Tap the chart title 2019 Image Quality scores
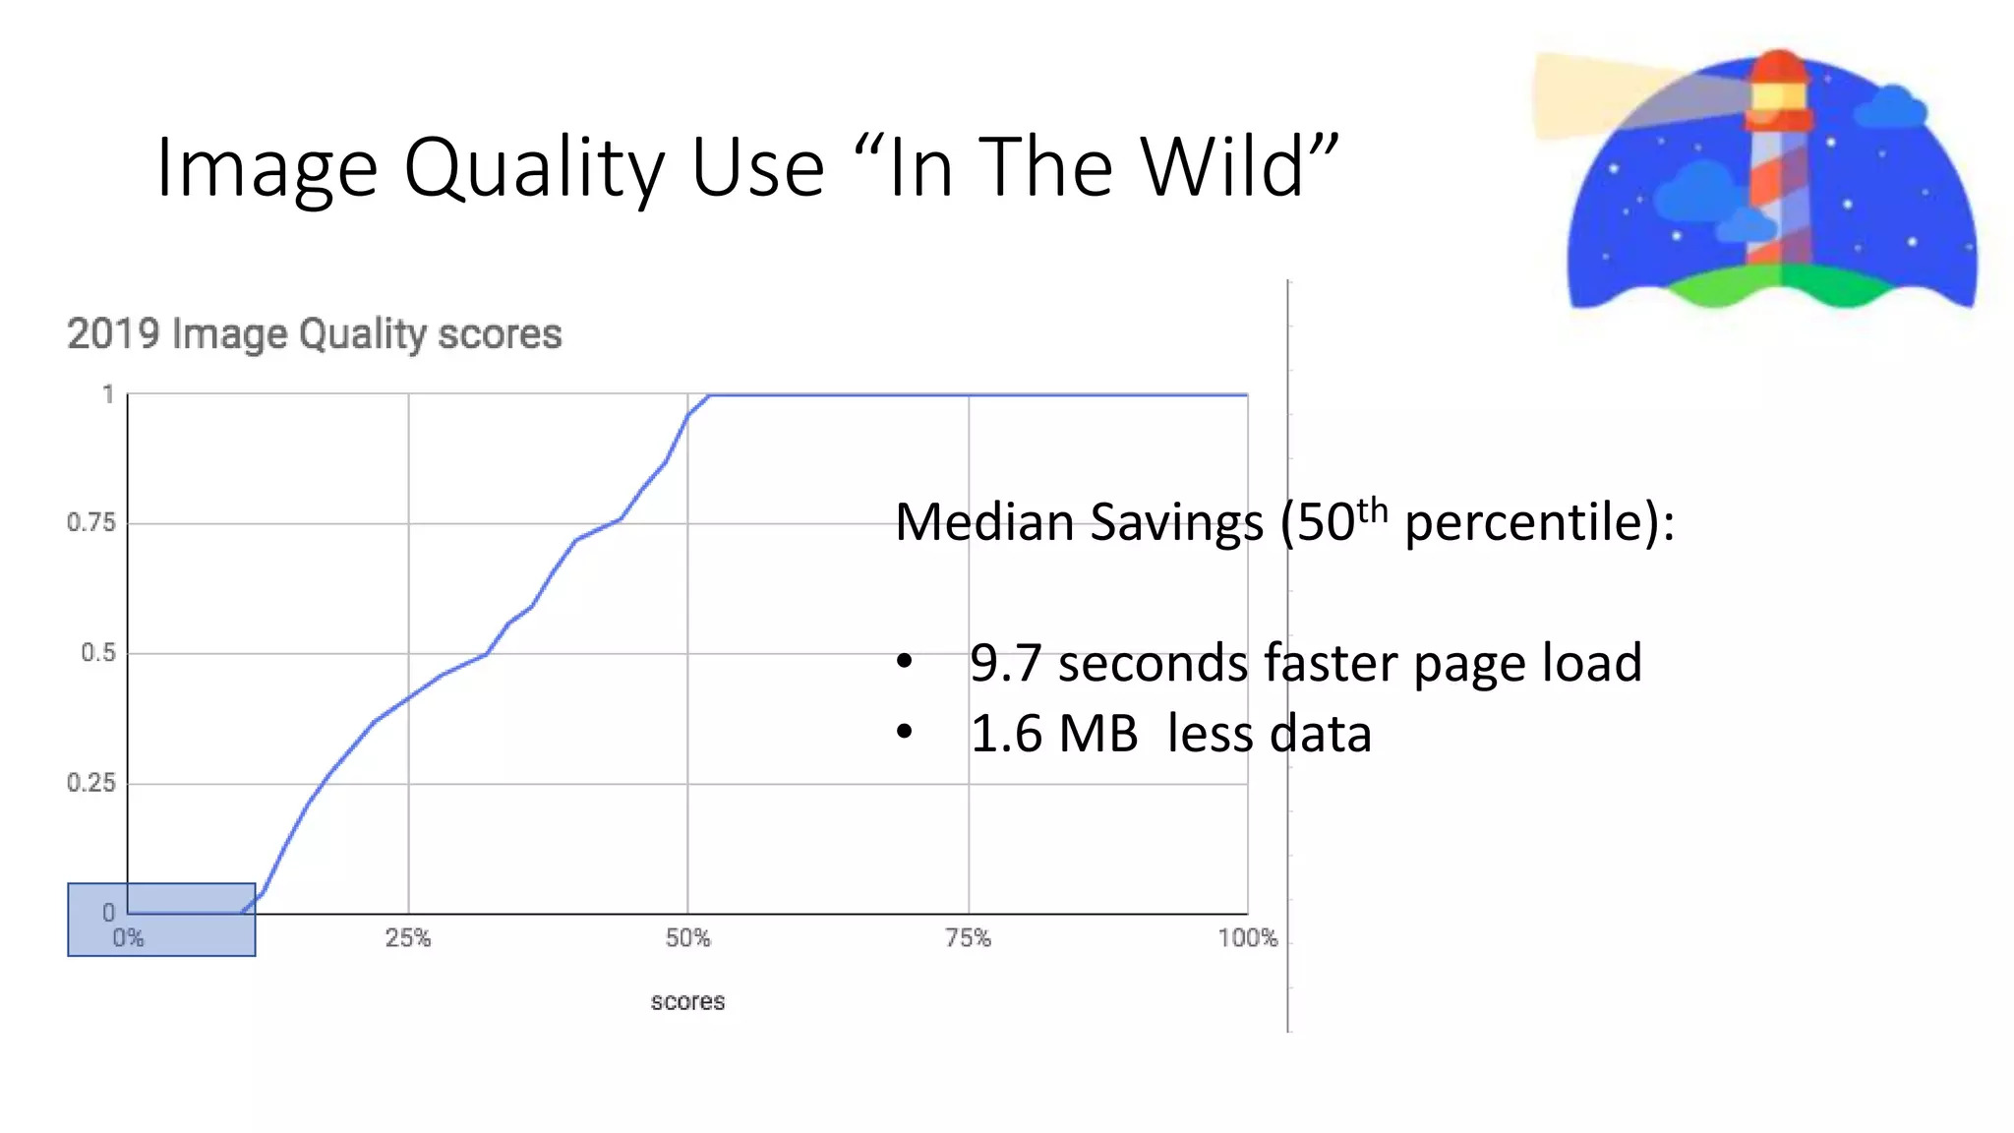tap(314, 334)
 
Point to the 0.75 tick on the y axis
tap(90, 522)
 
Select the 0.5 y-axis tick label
tap(97, 653)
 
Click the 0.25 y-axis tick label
tap(90, 783)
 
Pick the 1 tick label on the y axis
tap(108, 394)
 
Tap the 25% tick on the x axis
tap(407, 938)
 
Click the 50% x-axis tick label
tap(687, 938)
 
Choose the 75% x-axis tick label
tap(968, 938)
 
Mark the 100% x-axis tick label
tap(1247, 938)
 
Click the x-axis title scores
tap(687, 1001)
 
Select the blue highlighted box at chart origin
tap(161, 920)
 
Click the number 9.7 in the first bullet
tap(1005, 663)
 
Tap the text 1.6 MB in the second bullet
tap(1054, 734)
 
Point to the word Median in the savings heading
tap(986, 522)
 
